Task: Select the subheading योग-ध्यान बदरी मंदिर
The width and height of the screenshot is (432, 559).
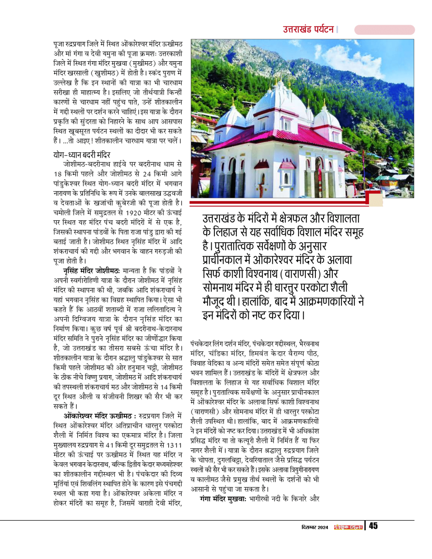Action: point(81,154)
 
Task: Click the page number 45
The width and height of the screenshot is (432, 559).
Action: point(373,526)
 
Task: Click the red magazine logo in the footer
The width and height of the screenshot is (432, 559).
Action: point(348,527)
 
